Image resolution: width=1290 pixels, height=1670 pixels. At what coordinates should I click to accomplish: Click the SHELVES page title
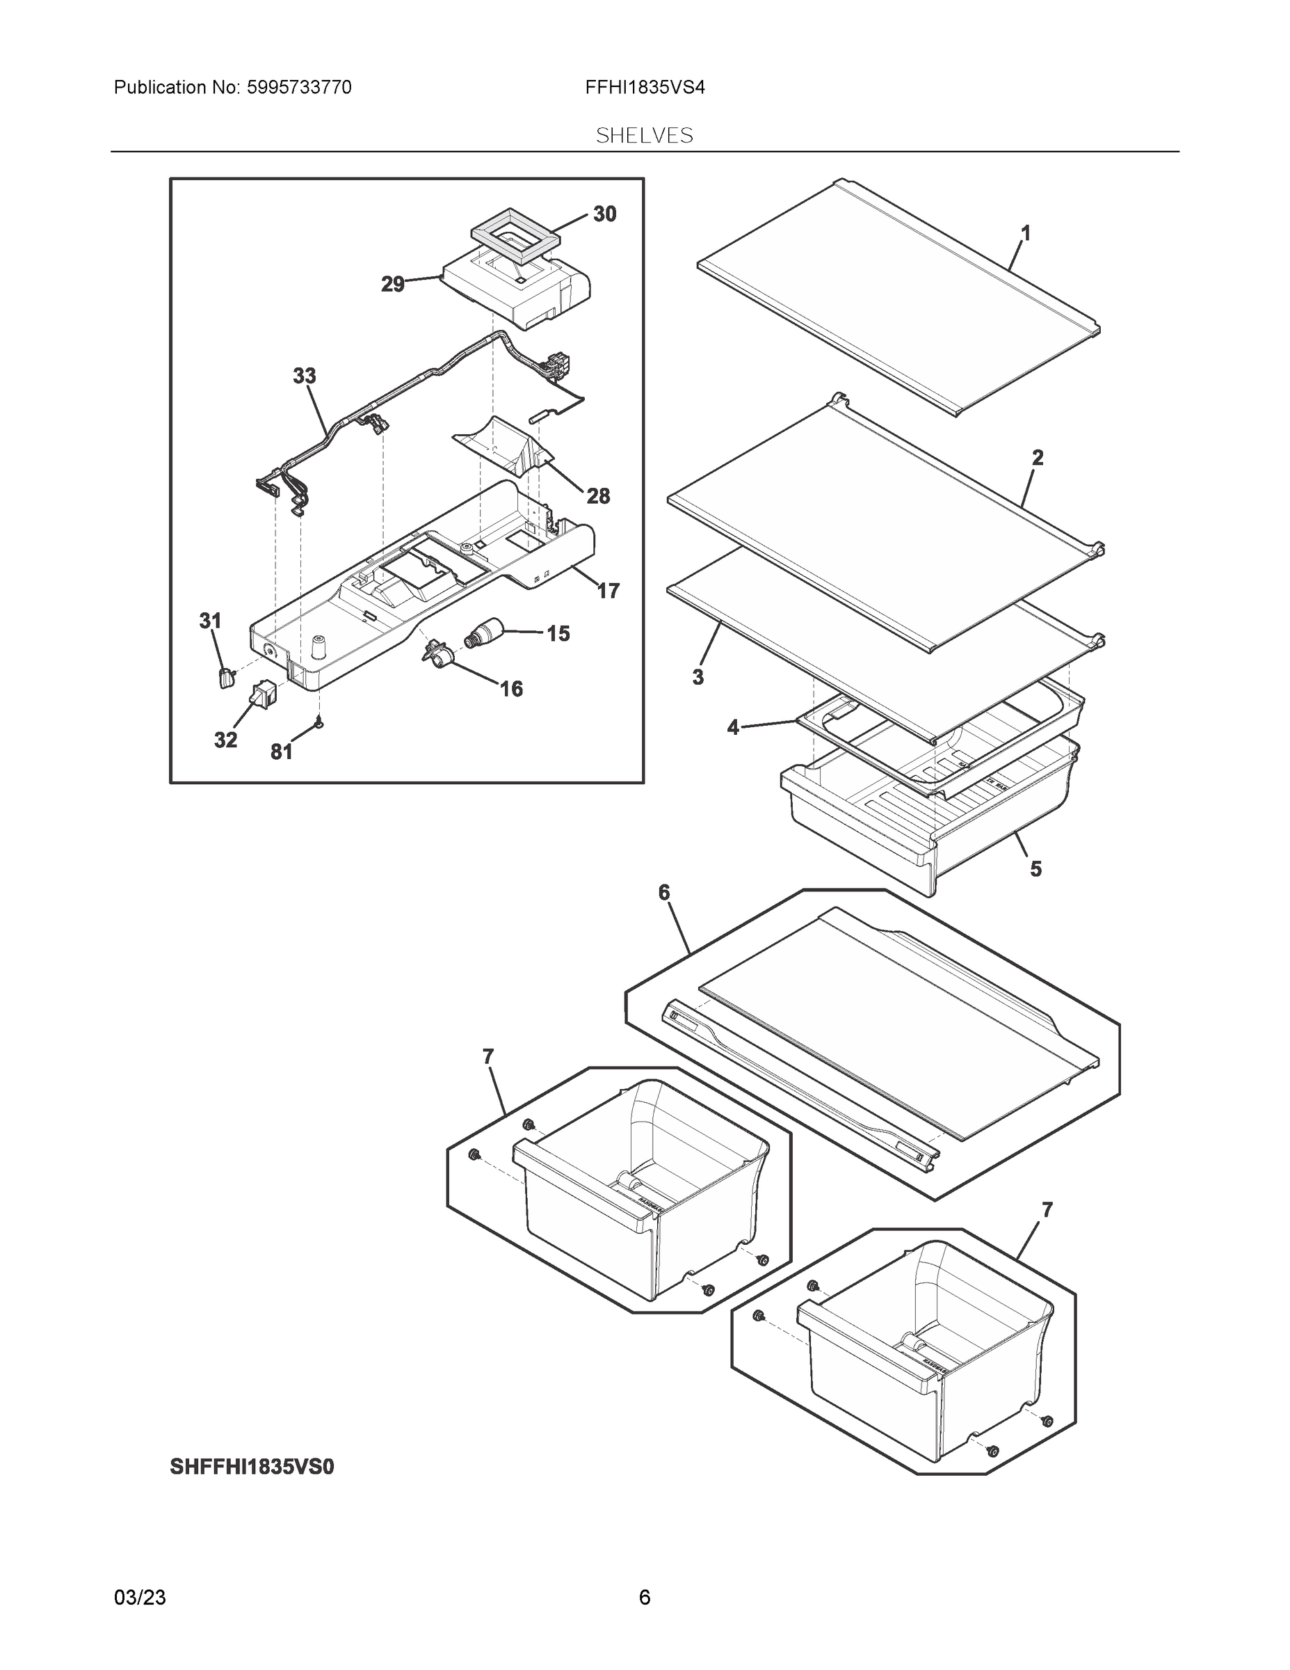(644, 136)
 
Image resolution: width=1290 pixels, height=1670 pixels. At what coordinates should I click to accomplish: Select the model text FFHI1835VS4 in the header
(644, 88)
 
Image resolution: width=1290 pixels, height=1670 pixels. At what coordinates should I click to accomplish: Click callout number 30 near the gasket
(604, 215)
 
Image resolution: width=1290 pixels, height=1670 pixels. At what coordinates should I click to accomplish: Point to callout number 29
(393, 285)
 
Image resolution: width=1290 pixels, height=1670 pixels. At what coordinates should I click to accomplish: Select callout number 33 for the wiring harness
(304, 376)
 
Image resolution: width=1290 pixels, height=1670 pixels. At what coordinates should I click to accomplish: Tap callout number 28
(597, 496)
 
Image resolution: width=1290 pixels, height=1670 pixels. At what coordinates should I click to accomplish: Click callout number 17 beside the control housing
(608, 590)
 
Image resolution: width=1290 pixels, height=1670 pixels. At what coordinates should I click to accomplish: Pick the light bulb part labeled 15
(484, 633)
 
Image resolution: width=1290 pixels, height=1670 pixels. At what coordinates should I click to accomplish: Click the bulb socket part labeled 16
(437, 656)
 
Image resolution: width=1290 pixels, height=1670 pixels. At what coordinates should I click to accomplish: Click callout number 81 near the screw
(281, 752)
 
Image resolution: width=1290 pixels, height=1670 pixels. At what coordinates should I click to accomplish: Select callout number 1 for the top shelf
(1026, 233)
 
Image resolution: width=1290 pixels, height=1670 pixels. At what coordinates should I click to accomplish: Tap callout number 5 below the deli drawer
(1035, 868)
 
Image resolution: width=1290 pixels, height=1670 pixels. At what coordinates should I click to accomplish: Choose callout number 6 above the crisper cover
(663, 892)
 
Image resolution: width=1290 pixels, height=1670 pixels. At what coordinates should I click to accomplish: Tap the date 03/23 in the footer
(140, 1598)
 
